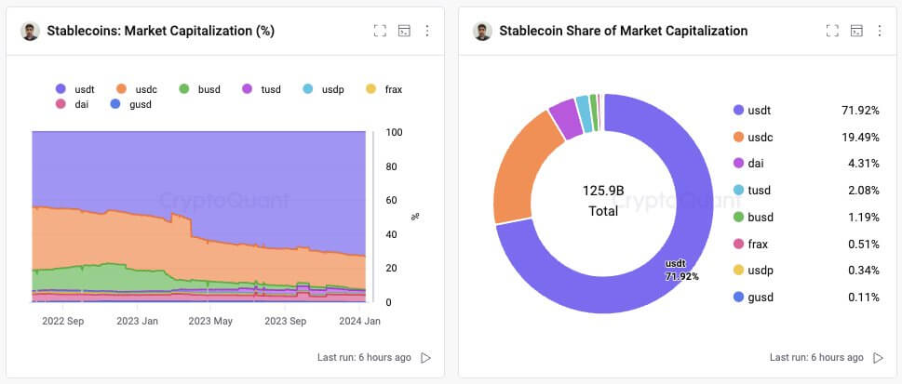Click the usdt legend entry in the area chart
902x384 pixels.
77,89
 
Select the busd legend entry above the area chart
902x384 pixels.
201,89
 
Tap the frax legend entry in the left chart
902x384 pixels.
383,89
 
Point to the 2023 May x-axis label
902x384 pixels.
209,322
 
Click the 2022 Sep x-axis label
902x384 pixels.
64,322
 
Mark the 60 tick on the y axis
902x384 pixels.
393,201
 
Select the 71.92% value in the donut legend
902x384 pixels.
860,111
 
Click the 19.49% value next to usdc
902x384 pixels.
860,137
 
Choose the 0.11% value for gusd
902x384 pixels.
861,298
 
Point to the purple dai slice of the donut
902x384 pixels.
564,118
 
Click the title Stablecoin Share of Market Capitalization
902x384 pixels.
623,31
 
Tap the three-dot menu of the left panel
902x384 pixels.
427,31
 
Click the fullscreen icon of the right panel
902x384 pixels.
832,31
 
